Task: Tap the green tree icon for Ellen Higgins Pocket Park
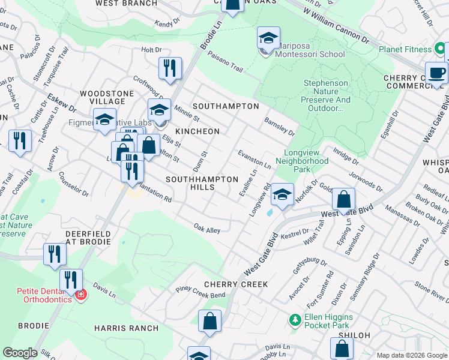click(x=294, y=320)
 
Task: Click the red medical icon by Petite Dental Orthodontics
click(x=80, y=295)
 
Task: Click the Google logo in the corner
click(x=20, y=353)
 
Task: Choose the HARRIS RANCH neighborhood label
click(x=127, y=328)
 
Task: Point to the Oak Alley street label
click(x=207, y=229)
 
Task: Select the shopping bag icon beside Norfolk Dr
click(x=343, y=200)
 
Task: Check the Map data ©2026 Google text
click(x=411, y=355)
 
